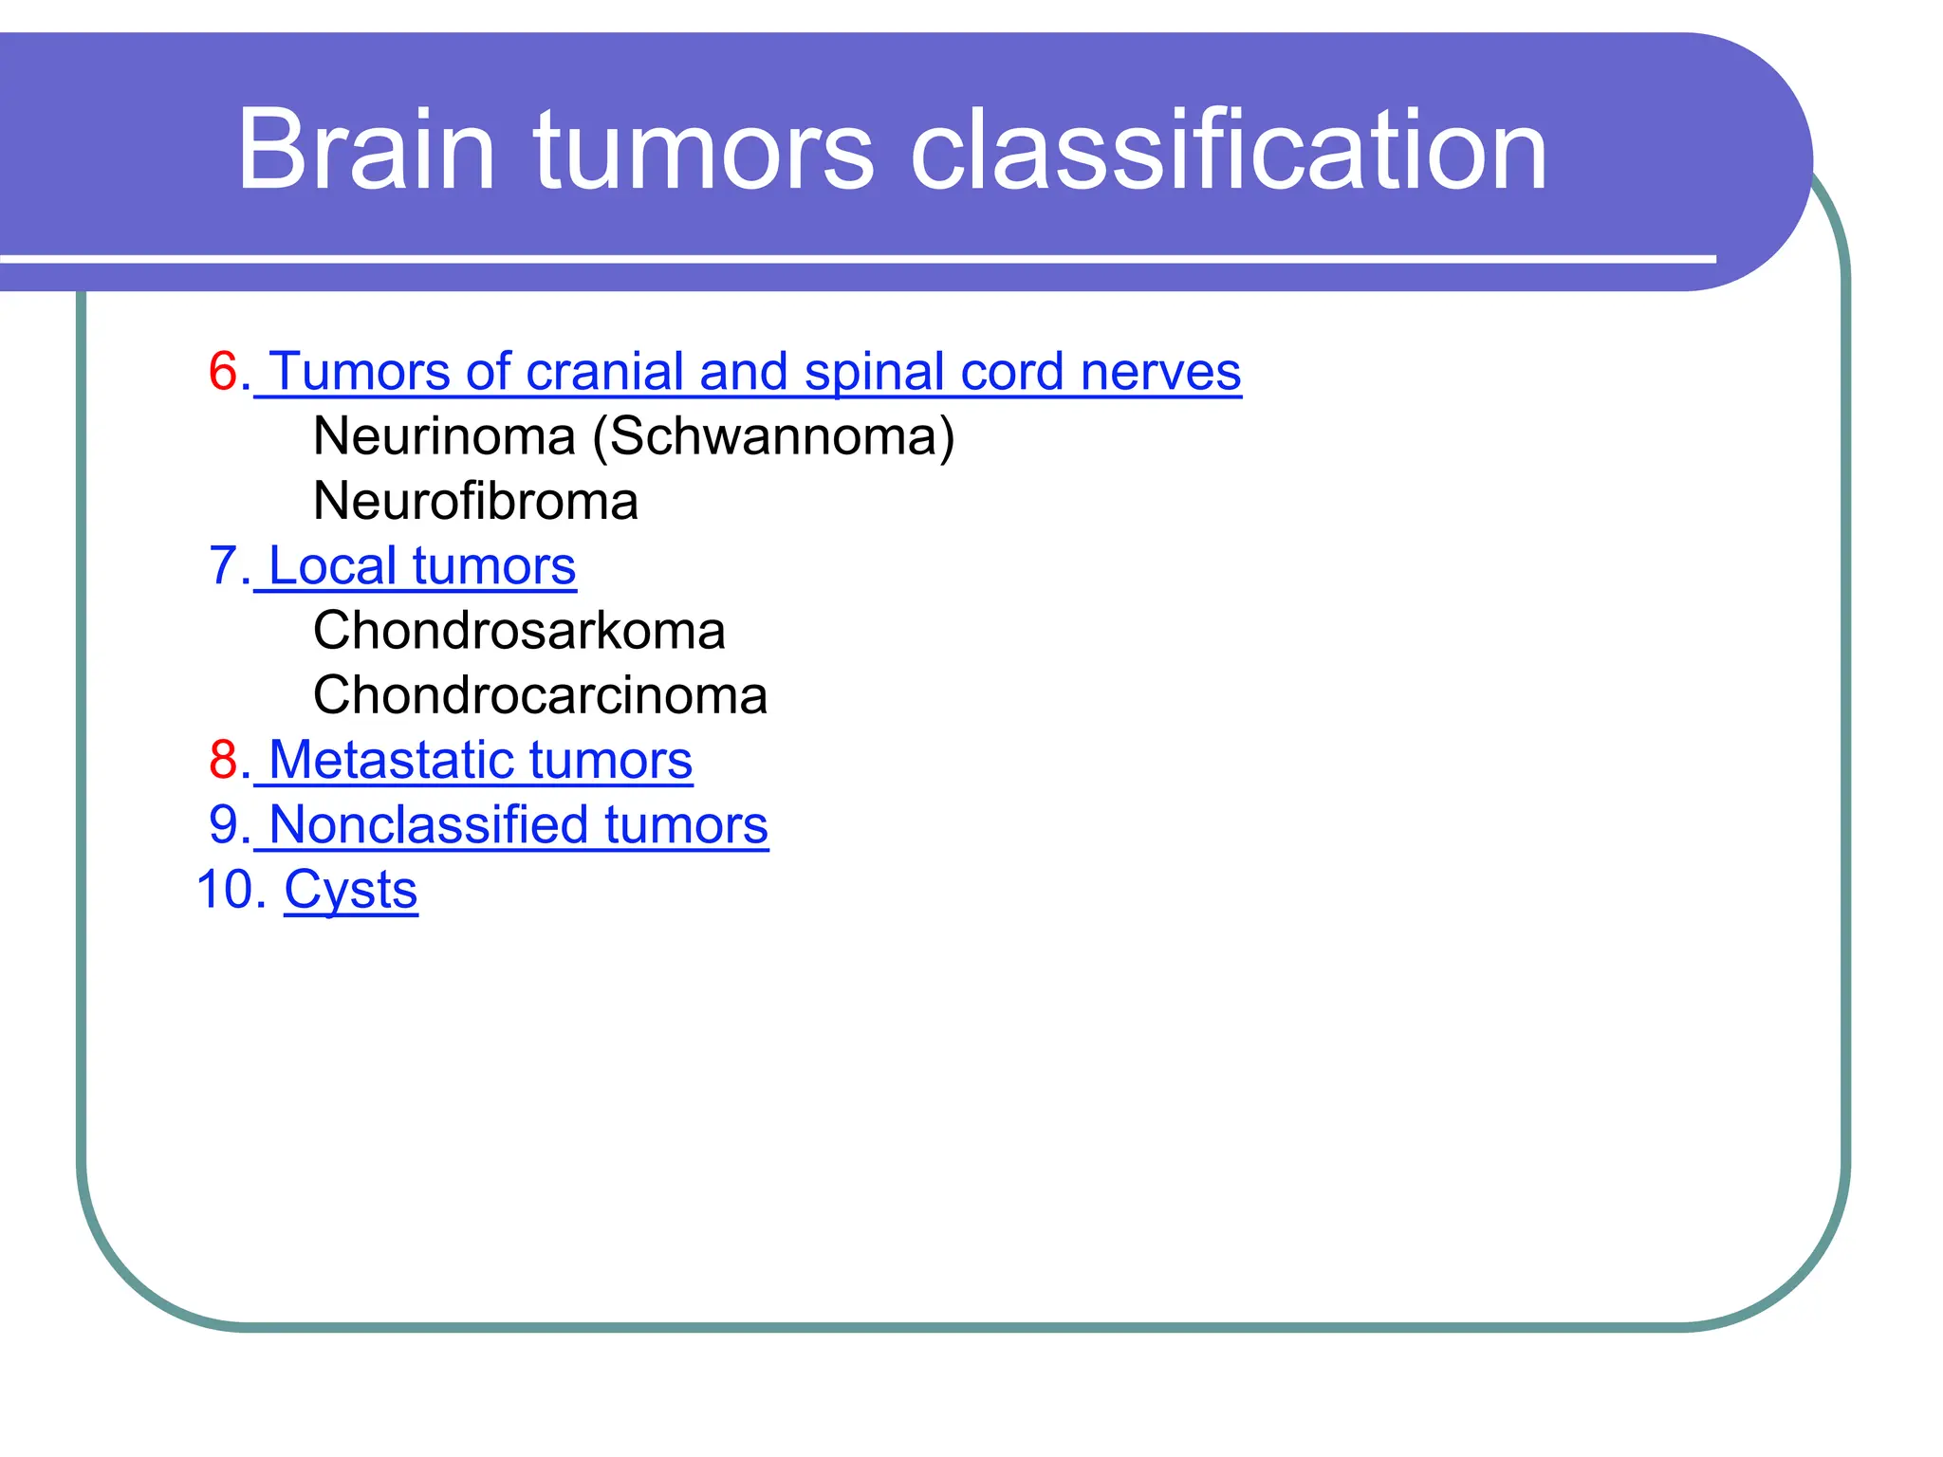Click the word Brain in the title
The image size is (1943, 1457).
(365, 150)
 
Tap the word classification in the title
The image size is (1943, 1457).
(1228, 150)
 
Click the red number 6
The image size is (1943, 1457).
(224, 371)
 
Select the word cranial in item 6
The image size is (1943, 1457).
(603, 371)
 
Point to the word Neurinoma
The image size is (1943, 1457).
(444, 436)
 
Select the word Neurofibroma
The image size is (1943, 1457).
(475, 501)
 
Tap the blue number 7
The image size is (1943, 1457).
(224, 566)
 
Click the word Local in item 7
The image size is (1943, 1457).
(332, 566)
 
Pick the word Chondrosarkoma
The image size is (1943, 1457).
(519, 631)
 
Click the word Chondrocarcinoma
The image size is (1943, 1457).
(540, 695)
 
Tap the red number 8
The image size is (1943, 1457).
(224, 760)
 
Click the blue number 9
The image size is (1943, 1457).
(224, 824)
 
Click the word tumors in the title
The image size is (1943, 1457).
(702, 150)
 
